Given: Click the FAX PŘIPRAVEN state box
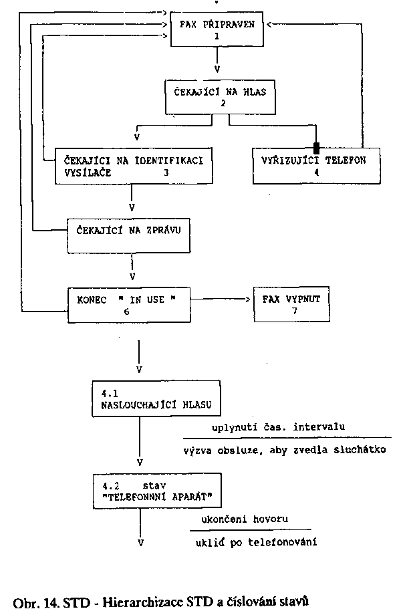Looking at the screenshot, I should [217, 29].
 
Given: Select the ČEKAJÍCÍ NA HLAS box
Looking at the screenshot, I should [216, 98].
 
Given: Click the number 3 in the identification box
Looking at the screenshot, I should [166, 172].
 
